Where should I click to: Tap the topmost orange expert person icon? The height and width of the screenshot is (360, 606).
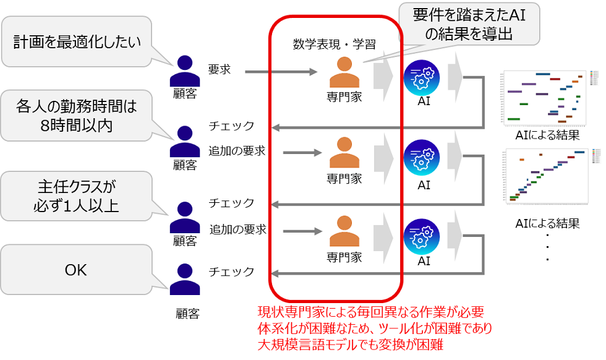coord(344,72)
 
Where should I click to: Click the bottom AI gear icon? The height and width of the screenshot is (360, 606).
coord(423,235)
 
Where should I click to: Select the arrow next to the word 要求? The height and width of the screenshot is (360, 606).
coord(281,72)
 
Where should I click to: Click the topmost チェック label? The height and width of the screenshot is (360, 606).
coord(231,126)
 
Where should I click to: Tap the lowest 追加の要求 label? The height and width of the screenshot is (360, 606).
coord(237,229)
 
